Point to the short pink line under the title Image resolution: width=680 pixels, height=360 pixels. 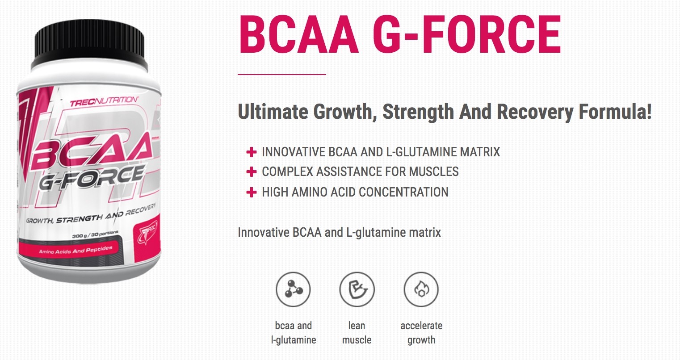click(x=281, y=75)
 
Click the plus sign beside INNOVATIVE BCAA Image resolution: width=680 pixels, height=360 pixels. click(x=251, y=152)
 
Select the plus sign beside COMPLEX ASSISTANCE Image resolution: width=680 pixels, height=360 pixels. click(x=251, y=172)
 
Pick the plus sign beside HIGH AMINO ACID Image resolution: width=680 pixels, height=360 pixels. click(x=251, y=193)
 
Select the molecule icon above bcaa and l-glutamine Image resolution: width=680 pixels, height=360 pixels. click(x=293, y=289)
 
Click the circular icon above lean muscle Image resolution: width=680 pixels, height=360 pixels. click(x=357, y=289)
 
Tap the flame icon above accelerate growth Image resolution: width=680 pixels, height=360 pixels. click(x=421, y=289)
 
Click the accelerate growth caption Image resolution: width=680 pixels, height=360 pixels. click(x=421, y=333)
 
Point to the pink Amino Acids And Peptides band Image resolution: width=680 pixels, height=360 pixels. click(x=76, y=250)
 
